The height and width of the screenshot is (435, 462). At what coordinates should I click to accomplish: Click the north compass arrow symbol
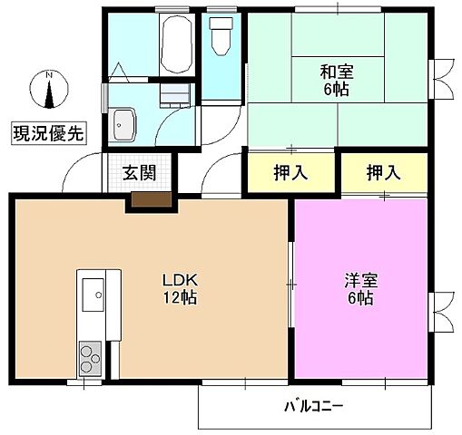click(x=50, y=92)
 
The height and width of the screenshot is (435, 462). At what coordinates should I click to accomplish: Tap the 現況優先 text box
click(x=48, y=133)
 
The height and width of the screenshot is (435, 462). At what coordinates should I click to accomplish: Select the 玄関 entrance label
click(x=140, y=170)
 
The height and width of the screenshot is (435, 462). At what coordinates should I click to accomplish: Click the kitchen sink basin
click(x=93, y=295)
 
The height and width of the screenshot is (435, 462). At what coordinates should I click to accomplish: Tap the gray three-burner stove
click(x=92, y=355)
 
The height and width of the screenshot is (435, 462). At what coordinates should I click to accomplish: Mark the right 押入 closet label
click(x=382, y=170)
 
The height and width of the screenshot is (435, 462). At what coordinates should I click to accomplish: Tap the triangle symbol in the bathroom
click(x=122, y=71)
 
